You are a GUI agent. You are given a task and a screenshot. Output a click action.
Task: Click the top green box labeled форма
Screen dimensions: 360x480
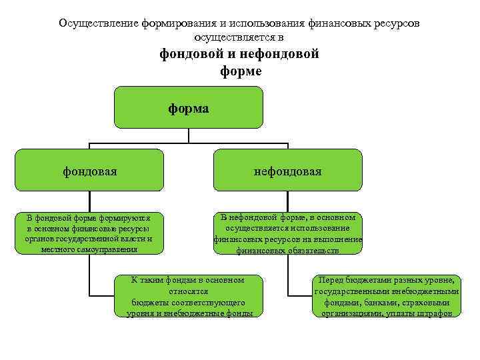[189, 107]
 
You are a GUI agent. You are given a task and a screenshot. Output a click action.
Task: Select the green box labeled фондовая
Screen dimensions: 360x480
[89, 171]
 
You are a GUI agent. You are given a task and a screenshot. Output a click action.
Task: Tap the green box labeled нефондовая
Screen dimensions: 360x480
[287, 171]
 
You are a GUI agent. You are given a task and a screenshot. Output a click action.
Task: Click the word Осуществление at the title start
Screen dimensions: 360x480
[98, 23]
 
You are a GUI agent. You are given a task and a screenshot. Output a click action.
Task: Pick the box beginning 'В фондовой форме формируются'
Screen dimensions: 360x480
[89, 233]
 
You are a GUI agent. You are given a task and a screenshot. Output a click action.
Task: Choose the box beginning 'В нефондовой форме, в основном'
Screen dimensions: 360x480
[287, 233]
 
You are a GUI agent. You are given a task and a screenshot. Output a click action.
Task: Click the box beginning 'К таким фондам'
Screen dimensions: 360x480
[189, 295]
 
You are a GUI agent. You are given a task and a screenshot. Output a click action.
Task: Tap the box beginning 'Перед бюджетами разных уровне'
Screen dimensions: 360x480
[387, 295]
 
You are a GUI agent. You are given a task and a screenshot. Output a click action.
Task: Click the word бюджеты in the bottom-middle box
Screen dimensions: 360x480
[148, 301]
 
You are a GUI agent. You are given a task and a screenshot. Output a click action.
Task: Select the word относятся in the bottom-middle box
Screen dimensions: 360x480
[189, 291]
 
